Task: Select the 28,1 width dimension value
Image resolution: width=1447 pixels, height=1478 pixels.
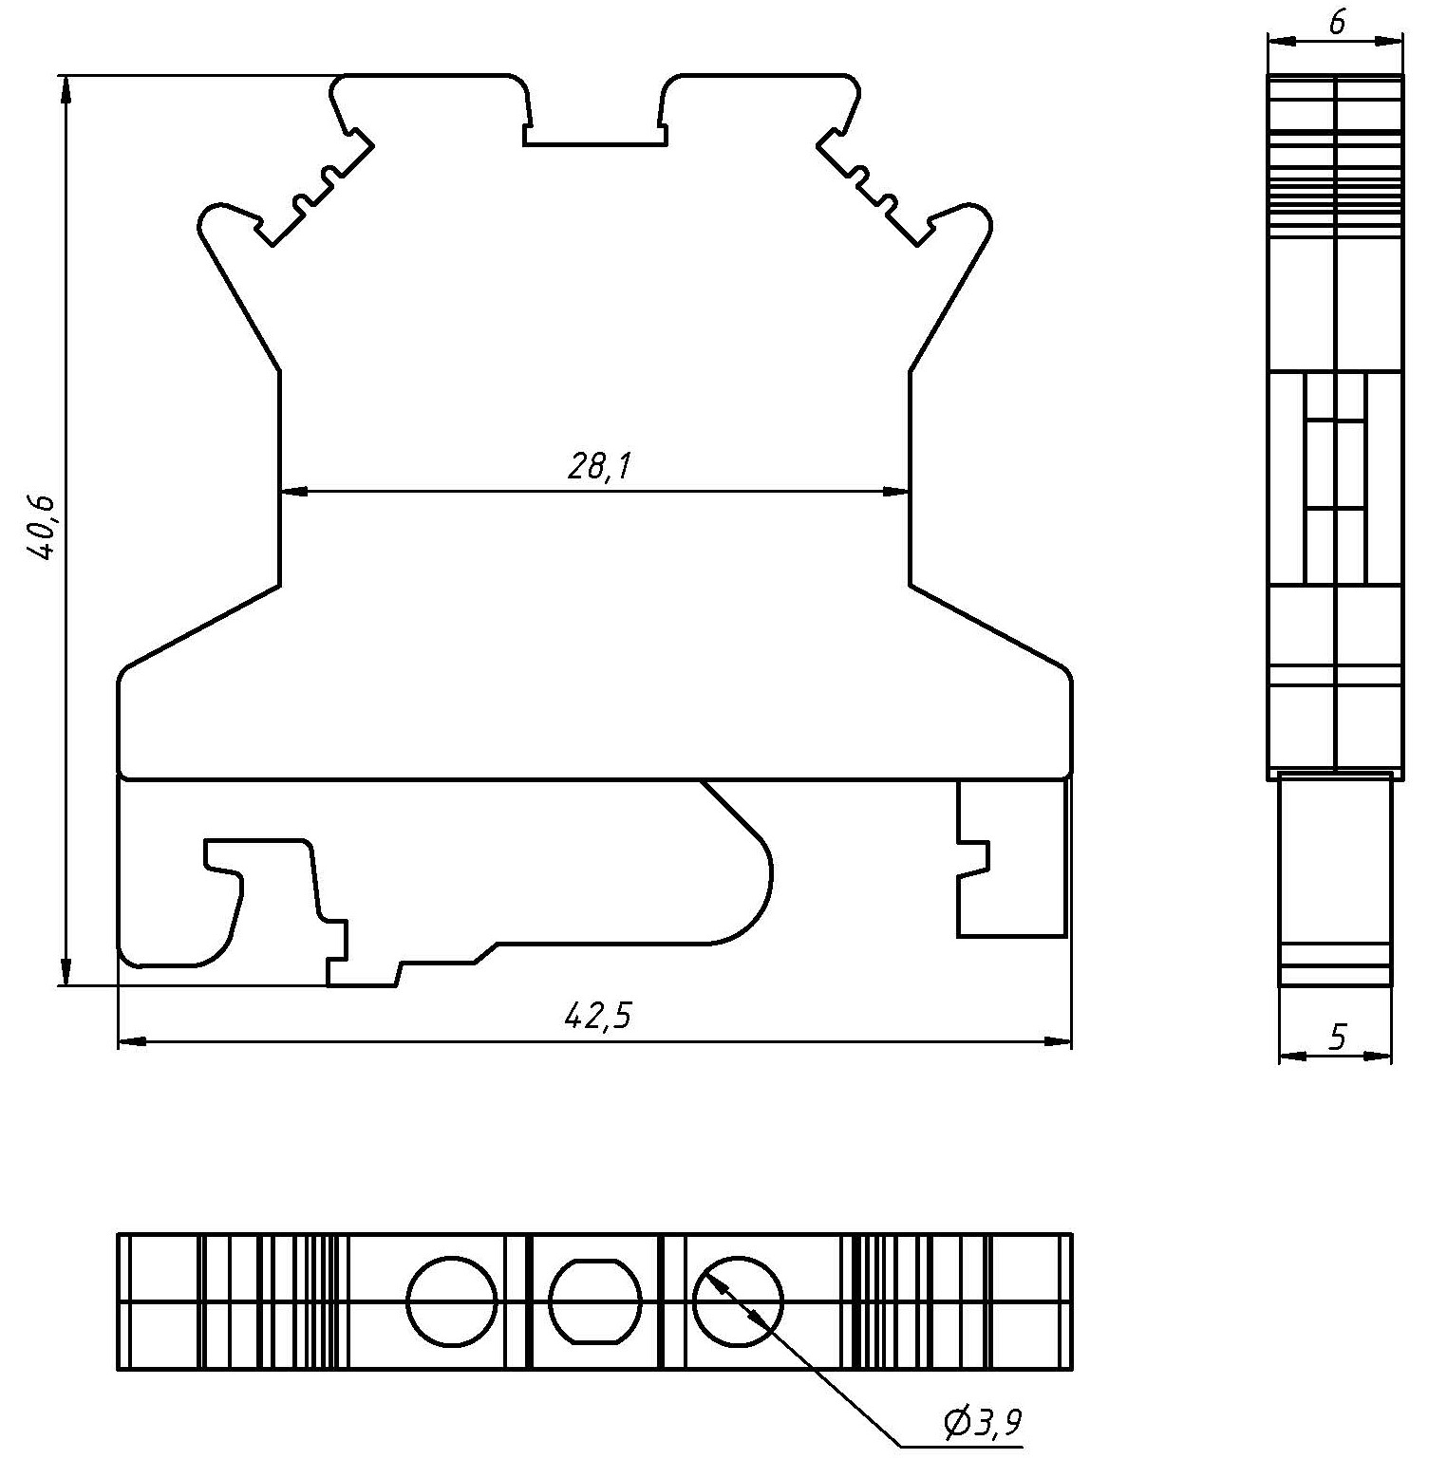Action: point(600,466)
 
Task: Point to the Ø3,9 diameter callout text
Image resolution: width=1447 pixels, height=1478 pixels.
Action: point(984,1422)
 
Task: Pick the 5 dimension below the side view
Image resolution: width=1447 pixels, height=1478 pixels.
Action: point(1337,1037)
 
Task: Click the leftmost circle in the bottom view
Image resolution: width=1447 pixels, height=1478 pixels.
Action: point(453,1301)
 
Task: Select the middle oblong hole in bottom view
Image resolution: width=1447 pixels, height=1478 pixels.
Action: point(595,1301)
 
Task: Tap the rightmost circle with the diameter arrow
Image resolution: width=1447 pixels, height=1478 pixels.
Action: point(738,1301)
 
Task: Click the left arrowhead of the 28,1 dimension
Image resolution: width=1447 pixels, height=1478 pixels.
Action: point(294,492)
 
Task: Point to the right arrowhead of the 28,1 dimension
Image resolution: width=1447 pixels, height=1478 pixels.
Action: point(896,492)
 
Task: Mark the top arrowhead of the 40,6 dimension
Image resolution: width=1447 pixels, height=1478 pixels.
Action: point(66,89)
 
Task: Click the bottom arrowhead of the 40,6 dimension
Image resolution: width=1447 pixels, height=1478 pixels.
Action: point(66,972)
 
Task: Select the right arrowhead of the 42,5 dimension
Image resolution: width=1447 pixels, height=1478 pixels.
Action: point(1058,1042)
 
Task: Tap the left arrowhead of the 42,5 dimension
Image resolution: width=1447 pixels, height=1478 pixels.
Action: point(132,1042)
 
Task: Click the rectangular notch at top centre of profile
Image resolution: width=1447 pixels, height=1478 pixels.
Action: point(595,134)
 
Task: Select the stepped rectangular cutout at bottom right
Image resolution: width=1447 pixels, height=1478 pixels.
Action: point(1012,858)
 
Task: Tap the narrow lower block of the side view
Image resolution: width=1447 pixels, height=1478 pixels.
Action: point(1335,879)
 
